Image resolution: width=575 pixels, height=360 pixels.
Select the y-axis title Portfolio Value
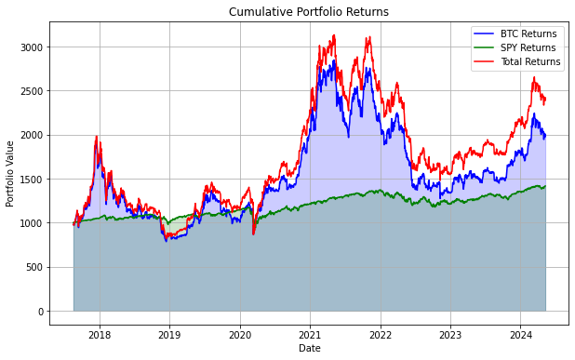click(x=11, y=174)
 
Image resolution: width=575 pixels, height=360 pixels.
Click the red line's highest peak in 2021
click(x=334, y=36)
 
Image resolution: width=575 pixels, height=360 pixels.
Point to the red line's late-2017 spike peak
click(x=96, y=137)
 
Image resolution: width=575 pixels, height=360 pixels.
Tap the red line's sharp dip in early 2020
click(x=253, y=233)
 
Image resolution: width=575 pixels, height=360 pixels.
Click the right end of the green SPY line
click(x=545, y=186)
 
